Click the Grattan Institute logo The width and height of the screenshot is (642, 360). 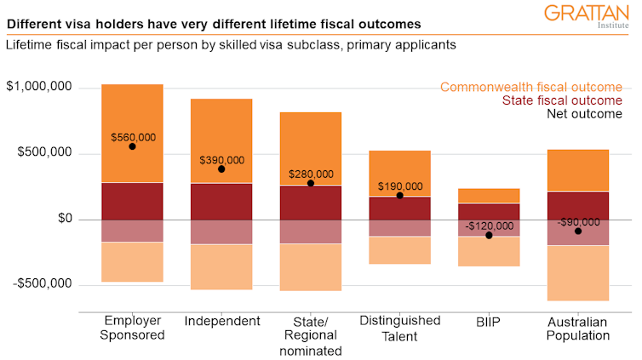[588, 17]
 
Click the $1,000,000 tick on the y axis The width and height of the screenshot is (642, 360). [39, 88]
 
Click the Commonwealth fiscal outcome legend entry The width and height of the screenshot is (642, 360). [530, 88]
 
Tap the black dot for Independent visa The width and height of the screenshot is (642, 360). [221, 169]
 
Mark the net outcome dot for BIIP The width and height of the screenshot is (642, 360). [489, 235]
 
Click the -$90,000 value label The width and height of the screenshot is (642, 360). [579, 221]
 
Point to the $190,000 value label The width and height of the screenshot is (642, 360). [400, 186]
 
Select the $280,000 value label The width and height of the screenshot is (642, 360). [311, 174]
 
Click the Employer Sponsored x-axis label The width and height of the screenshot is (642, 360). [133, 328]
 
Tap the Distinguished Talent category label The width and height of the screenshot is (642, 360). [400, 328]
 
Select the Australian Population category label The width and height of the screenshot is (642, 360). [579, 328]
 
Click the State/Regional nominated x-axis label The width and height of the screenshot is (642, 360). [311, 335]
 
